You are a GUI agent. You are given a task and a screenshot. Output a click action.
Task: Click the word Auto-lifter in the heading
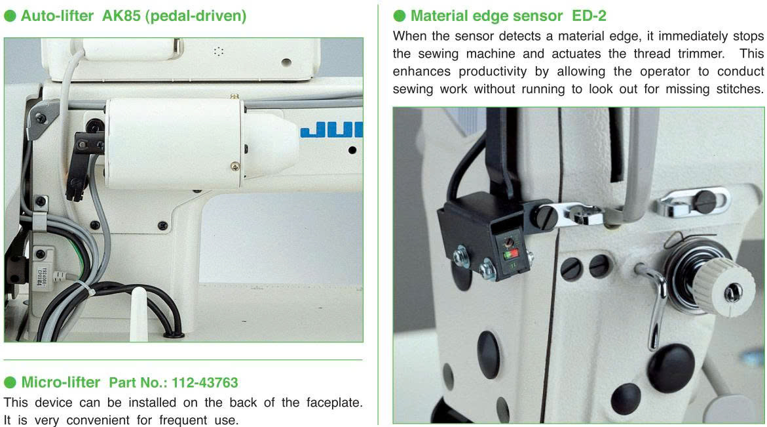click(x=57, y=16)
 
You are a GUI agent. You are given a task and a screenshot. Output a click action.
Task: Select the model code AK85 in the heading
click(x=121, y=16)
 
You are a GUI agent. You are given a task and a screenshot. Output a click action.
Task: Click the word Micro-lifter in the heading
click(x=61, y=382)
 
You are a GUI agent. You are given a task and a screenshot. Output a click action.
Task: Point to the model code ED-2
click(x=589, y=16)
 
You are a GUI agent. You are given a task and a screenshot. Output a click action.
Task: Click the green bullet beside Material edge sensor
click(x=399, y=16)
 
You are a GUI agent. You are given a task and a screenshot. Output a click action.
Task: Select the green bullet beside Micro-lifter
click(x=10, y=382)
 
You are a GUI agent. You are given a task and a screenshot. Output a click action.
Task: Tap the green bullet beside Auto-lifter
click(x=10, y=16)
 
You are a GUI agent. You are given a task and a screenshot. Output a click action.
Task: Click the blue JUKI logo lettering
click(x=331, y=130)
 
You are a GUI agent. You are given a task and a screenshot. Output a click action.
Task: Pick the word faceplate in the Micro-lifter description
click(x=334, y=403)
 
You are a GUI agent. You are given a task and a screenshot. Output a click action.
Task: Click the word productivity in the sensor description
click(x=493, y=71)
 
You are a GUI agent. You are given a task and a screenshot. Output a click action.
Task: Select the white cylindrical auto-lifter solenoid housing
click(x=174, y=144)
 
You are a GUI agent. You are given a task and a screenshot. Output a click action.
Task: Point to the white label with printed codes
click(x=43, y=277)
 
